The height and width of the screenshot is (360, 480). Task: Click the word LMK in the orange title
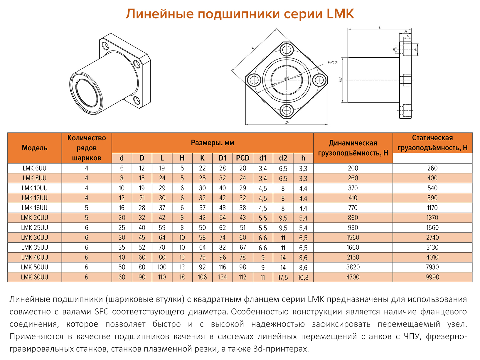point(340,14)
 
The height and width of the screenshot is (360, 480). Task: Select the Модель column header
point(35,148)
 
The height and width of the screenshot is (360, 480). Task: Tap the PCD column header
point(242,158)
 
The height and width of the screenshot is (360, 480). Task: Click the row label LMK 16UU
point(35,208)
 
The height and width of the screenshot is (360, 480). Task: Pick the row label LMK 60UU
point(35,277)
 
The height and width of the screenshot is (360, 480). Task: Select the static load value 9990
point(432,277)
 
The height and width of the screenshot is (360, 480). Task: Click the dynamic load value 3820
point(353,267)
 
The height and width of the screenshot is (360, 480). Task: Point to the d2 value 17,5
point(283,277)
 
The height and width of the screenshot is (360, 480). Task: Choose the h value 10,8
point(303,277)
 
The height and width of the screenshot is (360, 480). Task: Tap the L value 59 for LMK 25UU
point(162,228)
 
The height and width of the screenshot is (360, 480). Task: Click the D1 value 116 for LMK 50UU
point(223,267)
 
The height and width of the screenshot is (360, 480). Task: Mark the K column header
point(202,158)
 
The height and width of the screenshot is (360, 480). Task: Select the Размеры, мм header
point(212,143)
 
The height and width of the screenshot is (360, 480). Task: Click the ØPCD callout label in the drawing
point(332,62)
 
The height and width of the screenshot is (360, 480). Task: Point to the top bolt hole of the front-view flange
point(287,50)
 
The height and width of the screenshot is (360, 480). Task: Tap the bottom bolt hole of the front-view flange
point(287,110)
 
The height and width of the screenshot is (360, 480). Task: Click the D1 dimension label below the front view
point(287,122)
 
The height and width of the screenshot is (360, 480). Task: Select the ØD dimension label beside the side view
point(340,80)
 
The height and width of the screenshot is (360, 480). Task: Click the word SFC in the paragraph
point(102,312)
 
